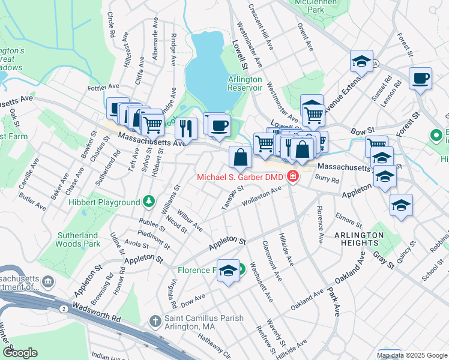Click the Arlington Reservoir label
pyautogui.click(x=245, y=83)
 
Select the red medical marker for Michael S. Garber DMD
pyautogui.click(x=293, y=176)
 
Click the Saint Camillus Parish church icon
pyautogui.click(x=154, y=322)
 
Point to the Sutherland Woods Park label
pyautogui.click(x=77, y=239)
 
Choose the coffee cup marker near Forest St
pyautogui.click(x=420, y=78)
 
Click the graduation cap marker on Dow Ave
pyautogui.click(x=228, y=271)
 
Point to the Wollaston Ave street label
pyautogui.click(x=262, y=197)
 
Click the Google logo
pyautogui.click(x=19, y=353)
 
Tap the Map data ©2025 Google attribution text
pyautogui.click(x=412, y=355)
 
